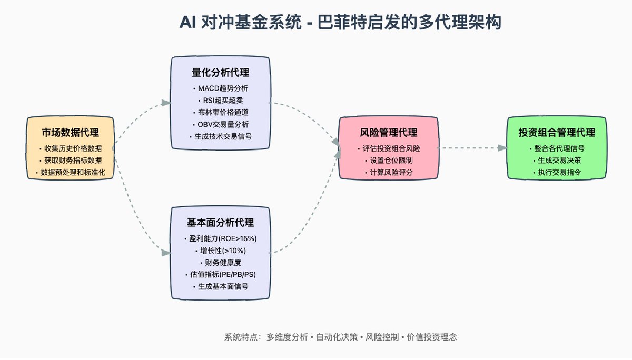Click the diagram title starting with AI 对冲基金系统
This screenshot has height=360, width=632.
tap(340, 24)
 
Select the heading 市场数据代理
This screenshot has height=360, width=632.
tap(71, 133)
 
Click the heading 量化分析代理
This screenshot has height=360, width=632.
tap(220, 73)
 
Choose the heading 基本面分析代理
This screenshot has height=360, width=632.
tap(220, 223)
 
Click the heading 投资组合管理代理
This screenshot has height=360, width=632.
tap(557, 133)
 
